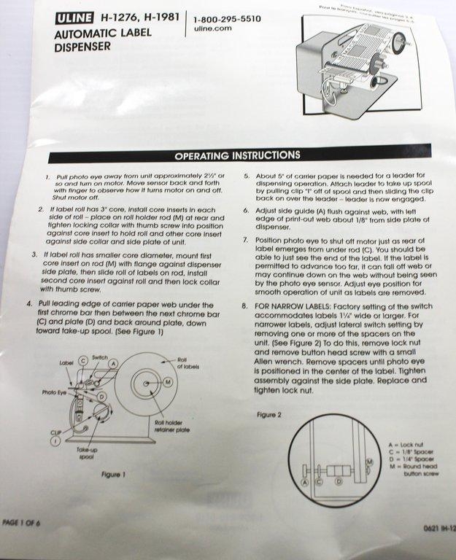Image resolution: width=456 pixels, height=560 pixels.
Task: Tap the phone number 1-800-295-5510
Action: [228, 19]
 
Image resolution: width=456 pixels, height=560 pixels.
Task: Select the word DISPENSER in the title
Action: [83, 47]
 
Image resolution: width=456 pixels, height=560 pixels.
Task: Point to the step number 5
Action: [247, 176]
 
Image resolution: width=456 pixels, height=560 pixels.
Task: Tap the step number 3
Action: [36, 254]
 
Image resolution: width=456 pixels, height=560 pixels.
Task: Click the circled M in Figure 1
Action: [168, 382]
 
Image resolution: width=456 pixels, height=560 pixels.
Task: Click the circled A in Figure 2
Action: [305, 481]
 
